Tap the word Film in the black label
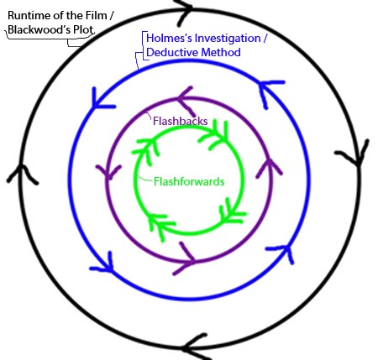coord(97,15)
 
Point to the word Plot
coord(83,29)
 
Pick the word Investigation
coord(228,38)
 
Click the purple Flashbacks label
coord(181,121)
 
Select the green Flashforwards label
coord(189,181)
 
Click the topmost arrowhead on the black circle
coord(184,11)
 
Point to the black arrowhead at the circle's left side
coord(22,174)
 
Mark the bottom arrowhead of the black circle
coord(196,347)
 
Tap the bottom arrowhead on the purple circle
coord(187,260)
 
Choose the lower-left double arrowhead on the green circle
coord(160,224)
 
